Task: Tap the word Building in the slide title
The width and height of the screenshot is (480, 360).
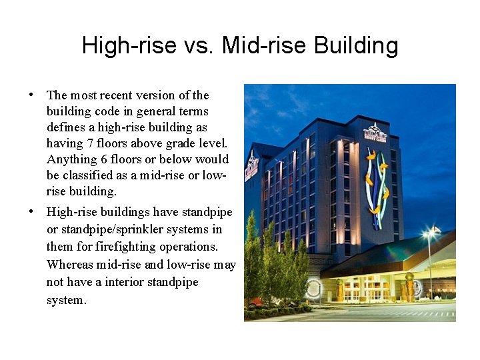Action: [356, 45]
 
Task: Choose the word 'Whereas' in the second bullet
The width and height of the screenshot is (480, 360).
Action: [69, 265]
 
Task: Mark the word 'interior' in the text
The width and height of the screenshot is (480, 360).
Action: [121, 282]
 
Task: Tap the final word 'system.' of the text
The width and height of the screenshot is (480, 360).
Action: [67, 299]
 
